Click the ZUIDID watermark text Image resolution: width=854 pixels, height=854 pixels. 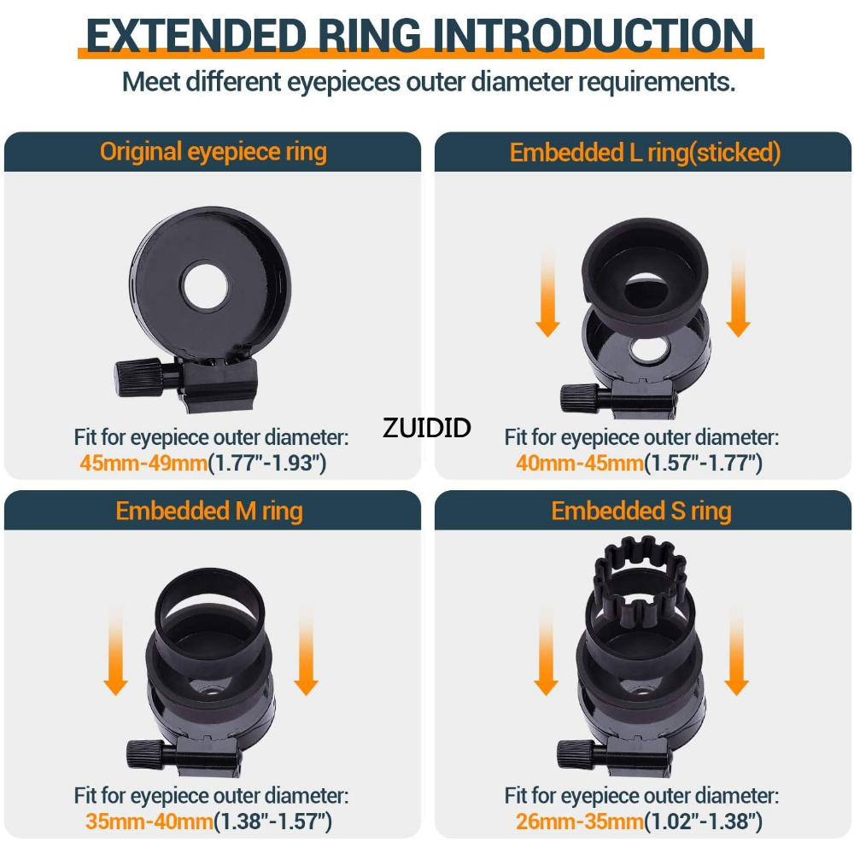point(426,428)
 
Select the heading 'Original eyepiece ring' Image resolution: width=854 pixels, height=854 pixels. point(213,152)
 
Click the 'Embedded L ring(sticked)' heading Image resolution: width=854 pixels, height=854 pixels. point(645,153)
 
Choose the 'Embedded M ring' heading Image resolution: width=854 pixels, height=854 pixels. point(209,512)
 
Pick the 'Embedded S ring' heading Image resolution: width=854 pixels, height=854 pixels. point(641,512)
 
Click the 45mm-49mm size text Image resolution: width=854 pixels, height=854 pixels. point(143,463)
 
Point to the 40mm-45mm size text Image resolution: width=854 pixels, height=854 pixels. point(580,463)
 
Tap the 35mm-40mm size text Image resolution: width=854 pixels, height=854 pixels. point(149,822)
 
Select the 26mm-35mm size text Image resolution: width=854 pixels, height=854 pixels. point(580,822)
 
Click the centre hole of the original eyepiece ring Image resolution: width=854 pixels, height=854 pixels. point(205,286)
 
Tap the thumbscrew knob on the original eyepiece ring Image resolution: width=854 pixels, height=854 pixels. point(139,377)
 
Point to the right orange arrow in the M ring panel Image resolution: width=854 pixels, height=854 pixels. point(306,651)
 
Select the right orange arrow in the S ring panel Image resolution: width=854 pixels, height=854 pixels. point(737,651)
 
